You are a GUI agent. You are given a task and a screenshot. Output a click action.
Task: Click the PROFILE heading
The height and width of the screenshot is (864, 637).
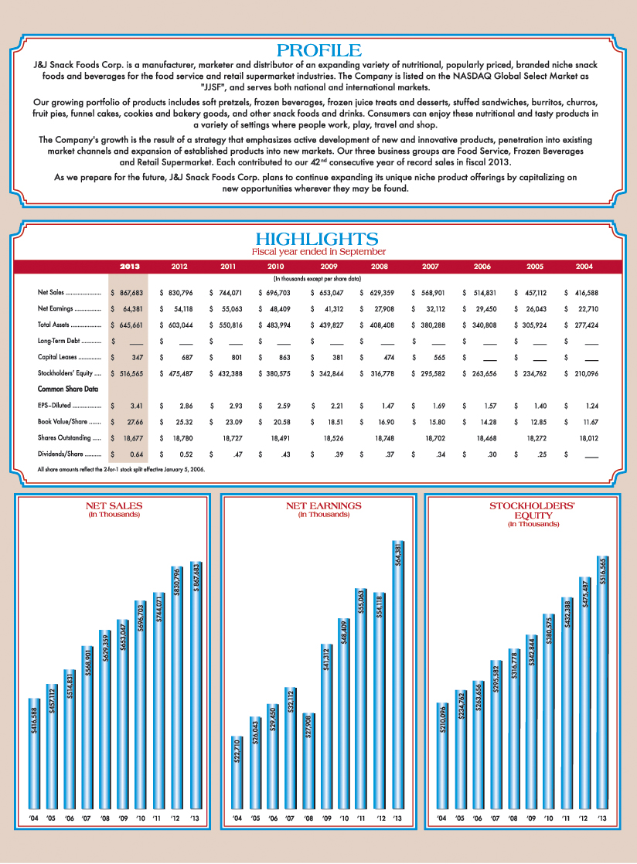[318, 51]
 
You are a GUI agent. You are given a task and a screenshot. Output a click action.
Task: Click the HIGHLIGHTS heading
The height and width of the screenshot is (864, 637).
[318, 239]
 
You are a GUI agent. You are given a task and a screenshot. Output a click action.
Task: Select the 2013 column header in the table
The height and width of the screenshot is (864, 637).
[130, 267]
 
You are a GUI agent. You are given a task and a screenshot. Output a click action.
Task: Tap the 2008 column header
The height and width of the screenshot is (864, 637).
[380, 267]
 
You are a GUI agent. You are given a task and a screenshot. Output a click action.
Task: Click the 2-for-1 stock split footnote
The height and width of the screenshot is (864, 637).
[121, 469]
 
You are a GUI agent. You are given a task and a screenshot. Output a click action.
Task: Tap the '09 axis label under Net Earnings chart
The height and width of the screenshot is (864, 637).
[326, 817]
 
